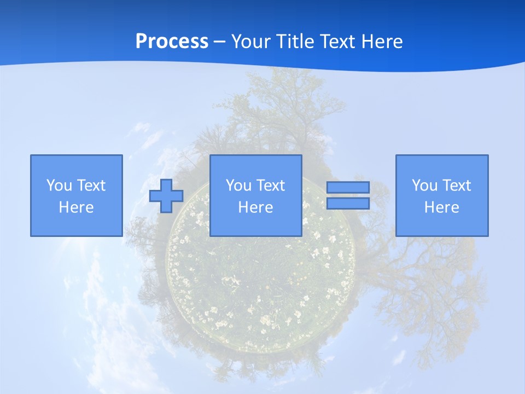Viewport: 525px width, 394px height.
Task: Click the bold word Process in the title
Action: pyautogui.click(x=172, y=42)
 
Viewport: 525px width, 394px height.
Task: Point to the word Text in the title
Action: pyautogui.click(x=340, y=42)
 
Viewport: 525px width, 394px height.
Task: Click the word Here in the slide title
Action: pyautogui.click(x=383, y=42)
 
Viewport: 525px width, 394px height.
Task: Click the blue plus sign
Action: pyautogui.click(x=166, y=196)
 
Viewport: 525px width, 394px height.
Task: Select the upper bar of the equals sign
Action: pyautogui.click(x=348, y=187)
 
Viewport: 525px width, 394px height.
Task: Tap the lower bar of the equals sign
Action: pyautogui.click(x=348, y=204)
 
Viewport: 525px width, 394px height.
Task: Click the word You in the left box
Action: pyautogui.click(x=59, y=186)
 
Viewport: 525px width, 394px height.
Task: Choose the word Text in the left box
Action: pyautogui.click(x=91, y=186)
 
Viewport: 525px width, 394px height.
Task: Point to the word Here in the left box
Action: pyautogui.click(x=76, y=207)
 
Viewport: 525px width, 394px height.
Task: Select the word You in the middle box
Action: pyautogui.click(x=238, y=186)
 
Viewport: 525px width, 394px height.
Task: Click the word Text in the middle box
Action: pyautogui.click(x=270, y=186)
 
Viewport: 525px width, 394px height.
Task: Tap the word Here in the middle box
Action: pyautogui.click(x=255, y=207)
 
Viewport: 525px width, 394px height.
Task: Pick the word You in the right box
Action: pyautogui.click(x=424, y=186)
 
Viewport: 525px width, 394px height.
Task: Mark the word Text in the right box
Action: pyautogui.click(x=456, y=186)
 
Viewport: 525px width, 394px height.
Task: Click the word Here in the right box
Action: pyautogui.click(x=441, y=207)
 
